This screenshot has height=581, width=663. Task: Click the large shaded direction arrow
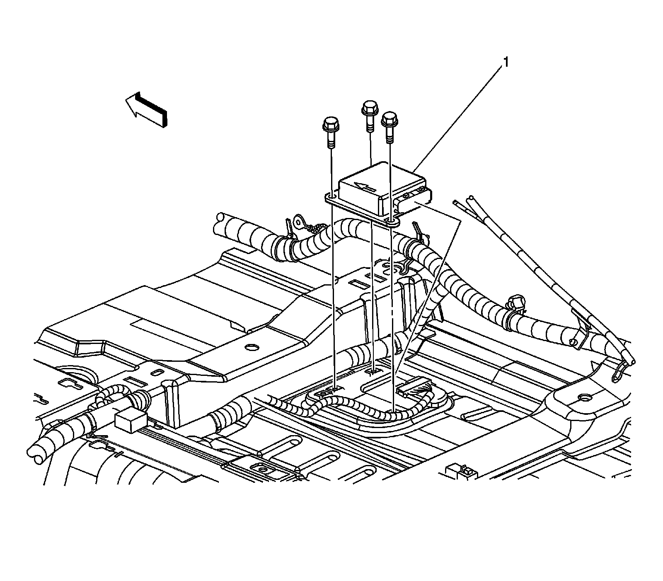click(147, 109)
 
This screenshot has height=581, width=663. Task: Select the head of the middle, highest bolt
click(370, 107)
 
